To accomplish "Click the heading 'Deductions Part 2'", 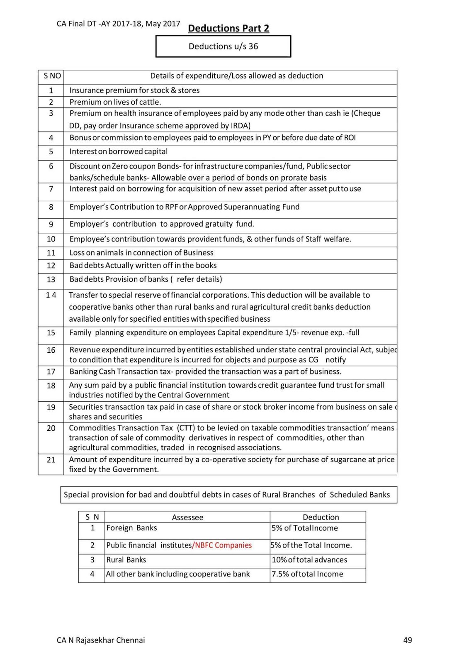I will pos(228,28).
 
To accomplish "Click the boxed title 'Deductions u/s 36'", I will pos(223,46).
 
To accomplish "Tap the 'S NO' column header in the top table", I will pos(52,76).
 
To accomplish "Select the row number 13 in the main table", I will pos(51,279).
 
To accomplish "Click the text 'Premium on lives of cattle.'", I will pos(115,102).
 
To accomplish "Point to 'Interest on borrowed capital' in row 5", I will pos(119,151).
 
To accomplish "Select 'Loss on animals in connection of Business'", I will pos(141,253).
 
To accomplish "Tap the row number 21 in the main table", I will pos(51,459).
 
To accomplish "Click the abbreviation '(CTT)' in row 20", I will pos(185,428).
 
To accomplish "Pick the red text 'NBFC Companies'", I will pos(223,545).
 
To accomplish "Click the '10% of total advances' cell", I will pos(309,560).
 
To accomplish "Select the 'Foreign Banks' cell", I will pos(131,528).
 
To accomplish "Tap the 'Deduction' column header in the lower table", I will pos(321,517).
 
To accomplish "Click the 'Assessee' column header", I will pos(187,518).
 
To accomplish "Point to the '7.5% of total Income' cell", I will pos(307,574).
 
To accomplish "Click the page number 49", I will pos(407,640).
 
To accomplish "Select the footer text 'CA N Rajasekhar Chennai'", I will pos(101,640).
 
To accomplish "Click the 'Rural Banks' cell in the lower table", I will pos(126,560).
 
